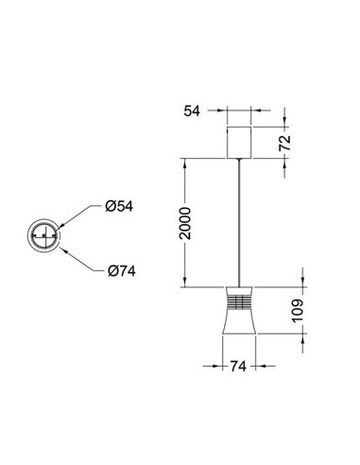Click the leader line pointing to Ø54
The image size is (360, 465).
click(x=79, y=215)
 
